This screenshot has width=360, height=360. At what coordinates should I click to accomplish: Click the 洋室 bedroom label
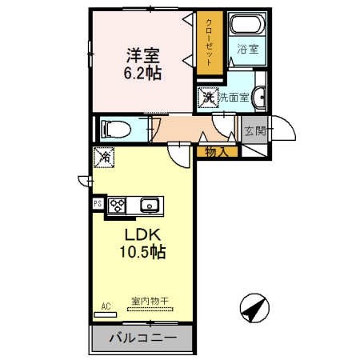(143, 55)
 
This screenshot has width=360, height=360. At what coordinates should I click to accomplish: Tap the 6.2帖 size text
(142, 73)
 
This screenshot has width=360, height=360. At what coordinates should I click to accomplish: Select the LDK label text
(143, 234)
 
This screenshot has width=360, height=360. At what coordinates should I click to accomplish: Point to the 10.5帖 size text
(142, 252)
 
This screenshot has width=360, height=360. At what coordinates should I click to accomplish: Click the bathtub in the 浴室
(247, 25)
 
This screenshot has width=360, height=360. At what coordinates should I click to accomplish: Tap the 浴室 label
(248, 49)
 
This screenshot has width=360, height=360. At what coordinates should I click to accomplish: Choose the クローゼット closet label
(210, 42)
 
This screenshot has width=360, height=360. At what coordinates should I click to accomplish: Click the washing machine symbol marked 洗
(208, 98)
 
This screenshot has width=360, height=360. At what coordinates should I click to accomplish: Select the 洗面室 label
(234, 98)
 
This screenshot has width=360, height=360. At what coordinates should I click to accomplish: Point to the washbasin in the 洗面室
(259, 97)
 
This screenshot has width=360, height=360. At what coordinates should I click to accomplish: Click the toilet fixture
(116, 130)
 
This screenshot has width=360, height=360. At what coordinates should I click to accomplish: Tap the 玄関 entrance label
(255, 130)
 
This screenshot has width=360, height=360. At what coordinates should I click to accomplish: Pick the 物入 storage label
(217, 152)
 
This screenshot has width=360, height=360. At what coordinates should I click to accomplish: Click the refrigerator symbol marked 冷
(104, 158)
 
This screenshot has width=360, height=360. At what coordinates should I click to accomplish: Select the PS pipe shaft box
(98, 204)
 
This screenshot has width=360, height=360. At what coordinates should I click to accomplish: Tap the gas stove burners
(117, 206)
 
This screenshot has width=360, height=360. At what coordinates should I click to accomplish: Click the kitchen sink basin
(150, 206)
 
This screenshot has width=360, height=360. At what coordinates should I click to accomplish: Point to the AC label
(106, 306)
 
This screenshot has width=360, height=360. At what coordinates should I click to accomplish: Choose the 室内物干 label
(150, 302)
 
